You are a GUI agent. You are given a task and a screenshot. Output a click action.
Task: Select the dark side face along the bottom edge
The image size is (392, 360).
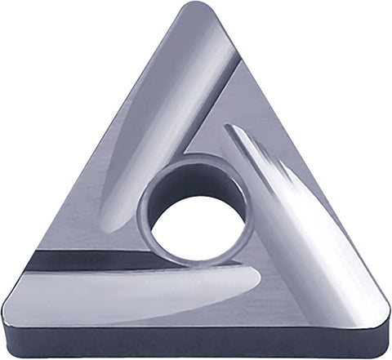tap(196, 347)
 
